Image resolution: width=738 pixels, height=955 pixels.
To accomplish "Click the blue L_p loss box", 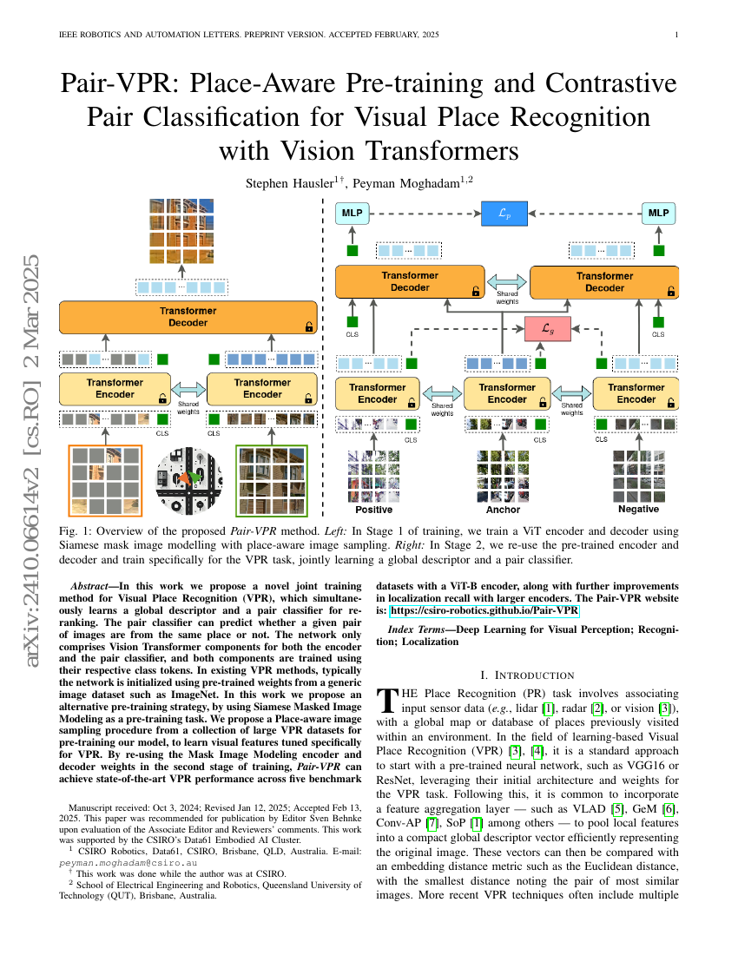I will [x=504, y=213].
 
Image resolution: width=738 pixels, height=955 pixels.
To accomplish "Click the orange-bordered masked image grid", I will [x=104, y=479].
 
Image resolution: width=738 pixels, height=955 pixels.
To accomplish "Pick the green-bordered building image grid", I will [x=271, y=479].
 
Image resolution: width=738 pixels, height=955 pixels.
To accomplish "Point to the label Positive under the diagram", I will [x=368, y=510].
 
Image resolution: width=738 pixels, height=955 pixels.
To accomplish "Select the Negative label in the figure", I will [x=638, y=510].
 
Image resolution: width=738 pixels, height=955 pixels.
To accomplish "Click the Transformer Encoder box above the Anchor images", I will [x=507, y=393].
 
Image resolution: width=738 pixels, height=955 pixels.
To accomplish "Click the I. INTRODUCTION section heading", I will [x=527, y=675].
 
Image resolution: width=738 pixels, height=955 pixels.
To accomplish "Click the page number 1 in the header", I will [x=675, y=35].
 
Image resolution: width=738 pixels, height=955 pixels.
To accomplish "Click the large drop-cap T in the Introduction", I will [x=386, y=701].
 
